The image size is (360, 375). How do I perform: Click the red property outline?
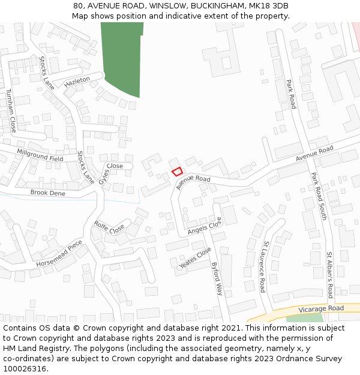pos(178,172)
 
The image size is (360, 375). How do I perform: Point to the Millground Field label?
pos(40,155)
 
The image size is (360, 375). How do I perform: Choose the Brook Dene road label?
pos(48,193)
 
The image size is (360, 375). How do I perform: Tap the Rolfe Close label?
pos(109,227)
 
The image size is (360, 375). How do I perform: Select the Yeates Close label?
pos(195,258)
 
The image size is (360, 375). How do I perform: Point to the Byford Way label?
pos(217,278)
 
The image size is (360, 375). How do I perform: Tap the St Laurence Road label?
pos(263,267)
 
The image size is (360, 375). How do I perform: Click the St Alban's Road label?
pos(329,275)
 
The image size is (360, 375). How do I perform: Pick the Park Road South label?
pos(318,196)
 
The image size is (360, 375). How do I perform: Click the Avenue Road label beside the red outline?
pos(194,179)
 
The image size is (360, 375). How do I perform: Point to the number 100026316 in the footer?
pos(24,369)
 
